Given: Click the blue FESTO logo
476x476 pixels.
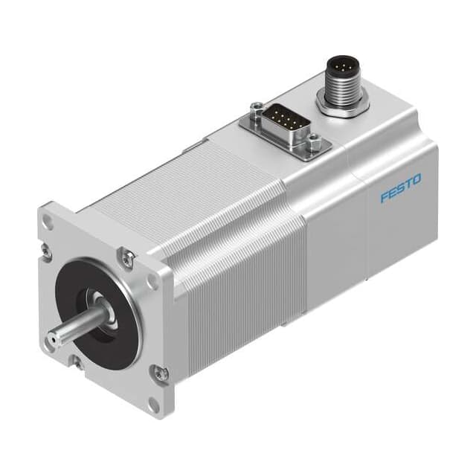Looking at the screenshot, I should click(400, 188).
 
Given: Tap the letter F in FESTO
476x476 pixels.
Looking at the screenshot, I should click(385, 198).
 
